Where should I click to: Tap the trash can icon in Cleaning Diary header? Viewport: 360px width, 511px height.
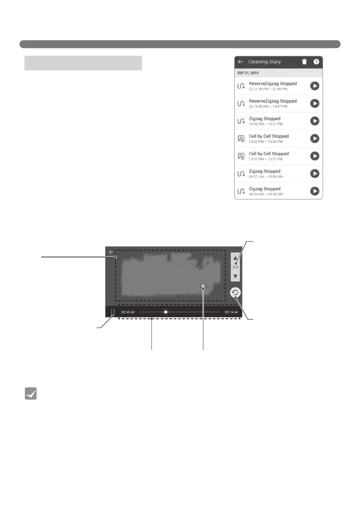pyautogui.click(x=304, y=62)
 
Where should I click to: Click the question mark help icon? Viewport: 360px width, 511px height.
pyautogui.click(x=316, y=62)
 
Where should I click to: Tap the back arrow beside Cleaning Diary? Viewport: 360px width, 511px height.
pyautogui.click(x=240, y=62)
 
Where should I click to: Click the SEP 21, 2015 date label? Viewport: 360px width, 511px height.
pyautogui.click(x=248, y=73)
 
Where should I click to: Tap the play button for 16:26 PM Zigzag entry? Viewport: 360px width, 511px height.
pyautogui.click(x=315, y=121)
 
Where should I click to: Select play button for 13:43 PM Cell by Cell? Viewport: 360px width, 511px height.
pyautogui.click(x=315, y=139)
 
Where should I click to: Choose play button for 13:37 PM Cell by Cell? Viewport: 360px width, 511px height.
pyautogui.click(x=315, y=156)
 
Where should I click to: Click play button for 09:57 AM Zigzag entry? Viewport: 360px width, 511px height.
pyautogui.click(x=315, y=174)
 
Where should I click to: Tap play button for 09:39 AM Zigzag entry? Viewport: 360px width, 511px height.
pyautogui.click(x=315, y=191)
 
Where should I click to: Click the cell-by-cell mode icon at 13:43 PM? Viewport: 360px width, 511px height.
pyautogui.click(x=241, y=139)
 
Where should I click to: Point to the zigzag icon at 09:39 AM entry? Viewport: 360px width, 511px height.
pyautogui.click(x=241, y=191)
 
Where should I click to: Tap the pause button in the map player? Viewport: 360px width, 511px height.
pyautogui.click(x=112, y=312)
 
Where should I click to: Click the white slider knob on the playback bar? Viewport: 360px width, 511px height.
pyautogui.click(x=166, y=312)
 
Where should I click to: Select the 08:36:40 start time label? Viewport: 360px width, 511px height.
pyautogui.click(x=128, y=312)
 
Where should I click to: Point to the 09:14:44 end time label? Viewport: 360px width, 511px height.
pyautogui.click(x=232, y=312)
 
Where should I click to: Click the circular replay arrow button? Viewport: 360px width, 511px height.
pyautogui.click(x=236, y=293)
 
